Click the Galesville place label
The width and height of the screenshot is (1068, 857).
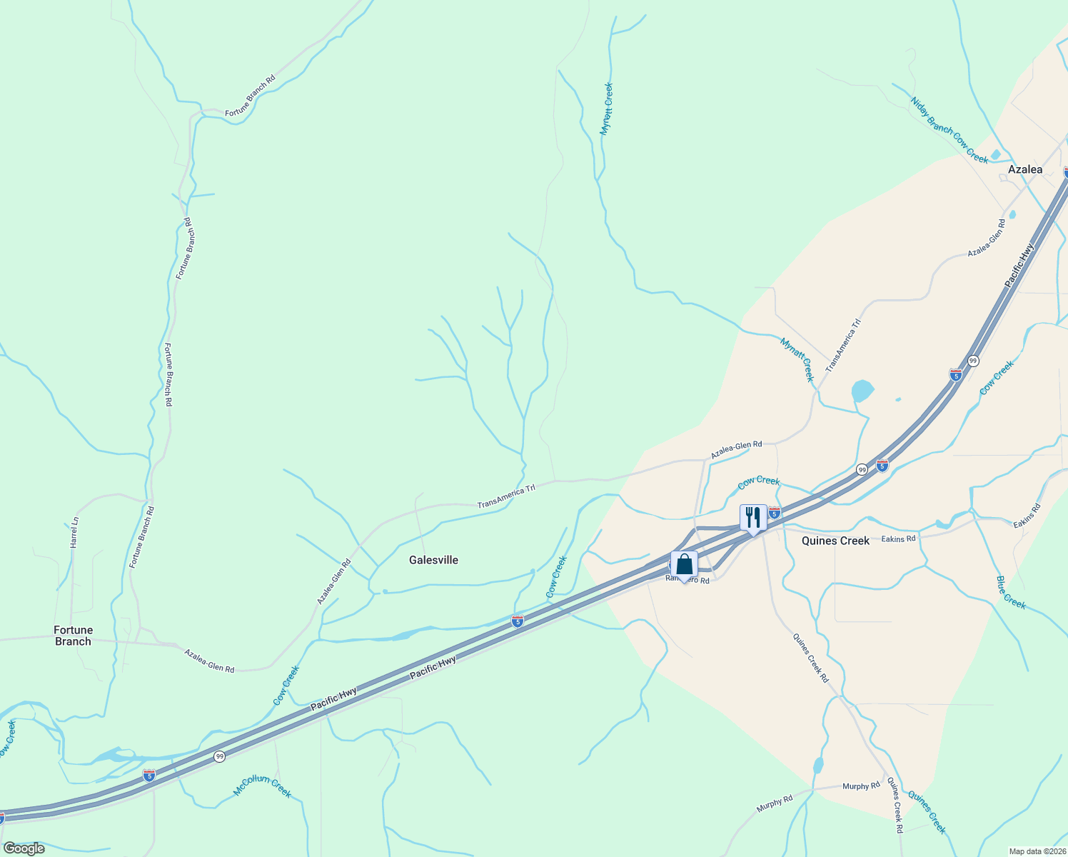(433, 560)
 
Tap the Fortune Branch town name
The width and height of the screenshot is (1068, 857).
(73, 636)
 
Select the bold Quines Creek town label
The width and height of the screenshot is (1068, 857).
(835, 541)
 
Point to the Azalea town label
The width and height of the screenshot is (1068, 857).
(1024, 169)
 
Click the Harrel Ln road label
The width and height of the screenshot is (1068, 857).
(74, 533)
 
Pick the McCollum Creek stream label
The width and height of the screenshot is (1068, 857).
(263, 786)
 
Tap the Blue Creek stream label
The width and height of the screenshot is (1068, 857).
(1010, 593)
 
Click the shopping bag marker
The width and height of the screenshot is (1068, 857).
(684, 565)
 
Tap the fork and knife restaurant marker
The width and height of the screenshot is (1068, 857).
(753, 517)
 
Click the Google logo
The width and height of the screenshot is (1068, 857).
(24, 848)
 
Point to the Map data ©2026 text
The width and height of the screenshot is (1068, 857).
(1036, 851)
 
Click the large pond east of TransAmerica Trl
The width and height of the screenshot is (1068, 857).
(862, 391)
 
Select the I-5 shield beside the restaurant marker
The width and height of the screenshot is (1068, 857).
(775, 513)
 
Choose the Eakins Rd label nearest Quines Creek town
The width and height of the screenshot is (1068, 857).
(898, 539)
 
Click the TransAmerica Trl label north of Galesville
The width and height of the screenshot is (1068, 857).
(506, 497)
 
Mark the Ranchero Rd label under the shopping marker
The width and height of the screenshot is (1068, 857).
(688, 581)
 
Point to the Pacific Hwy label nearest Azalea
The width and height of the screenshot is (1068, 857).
(1019, 266)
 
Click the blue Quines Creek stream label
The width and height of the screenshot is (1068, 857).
(927, 812)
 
